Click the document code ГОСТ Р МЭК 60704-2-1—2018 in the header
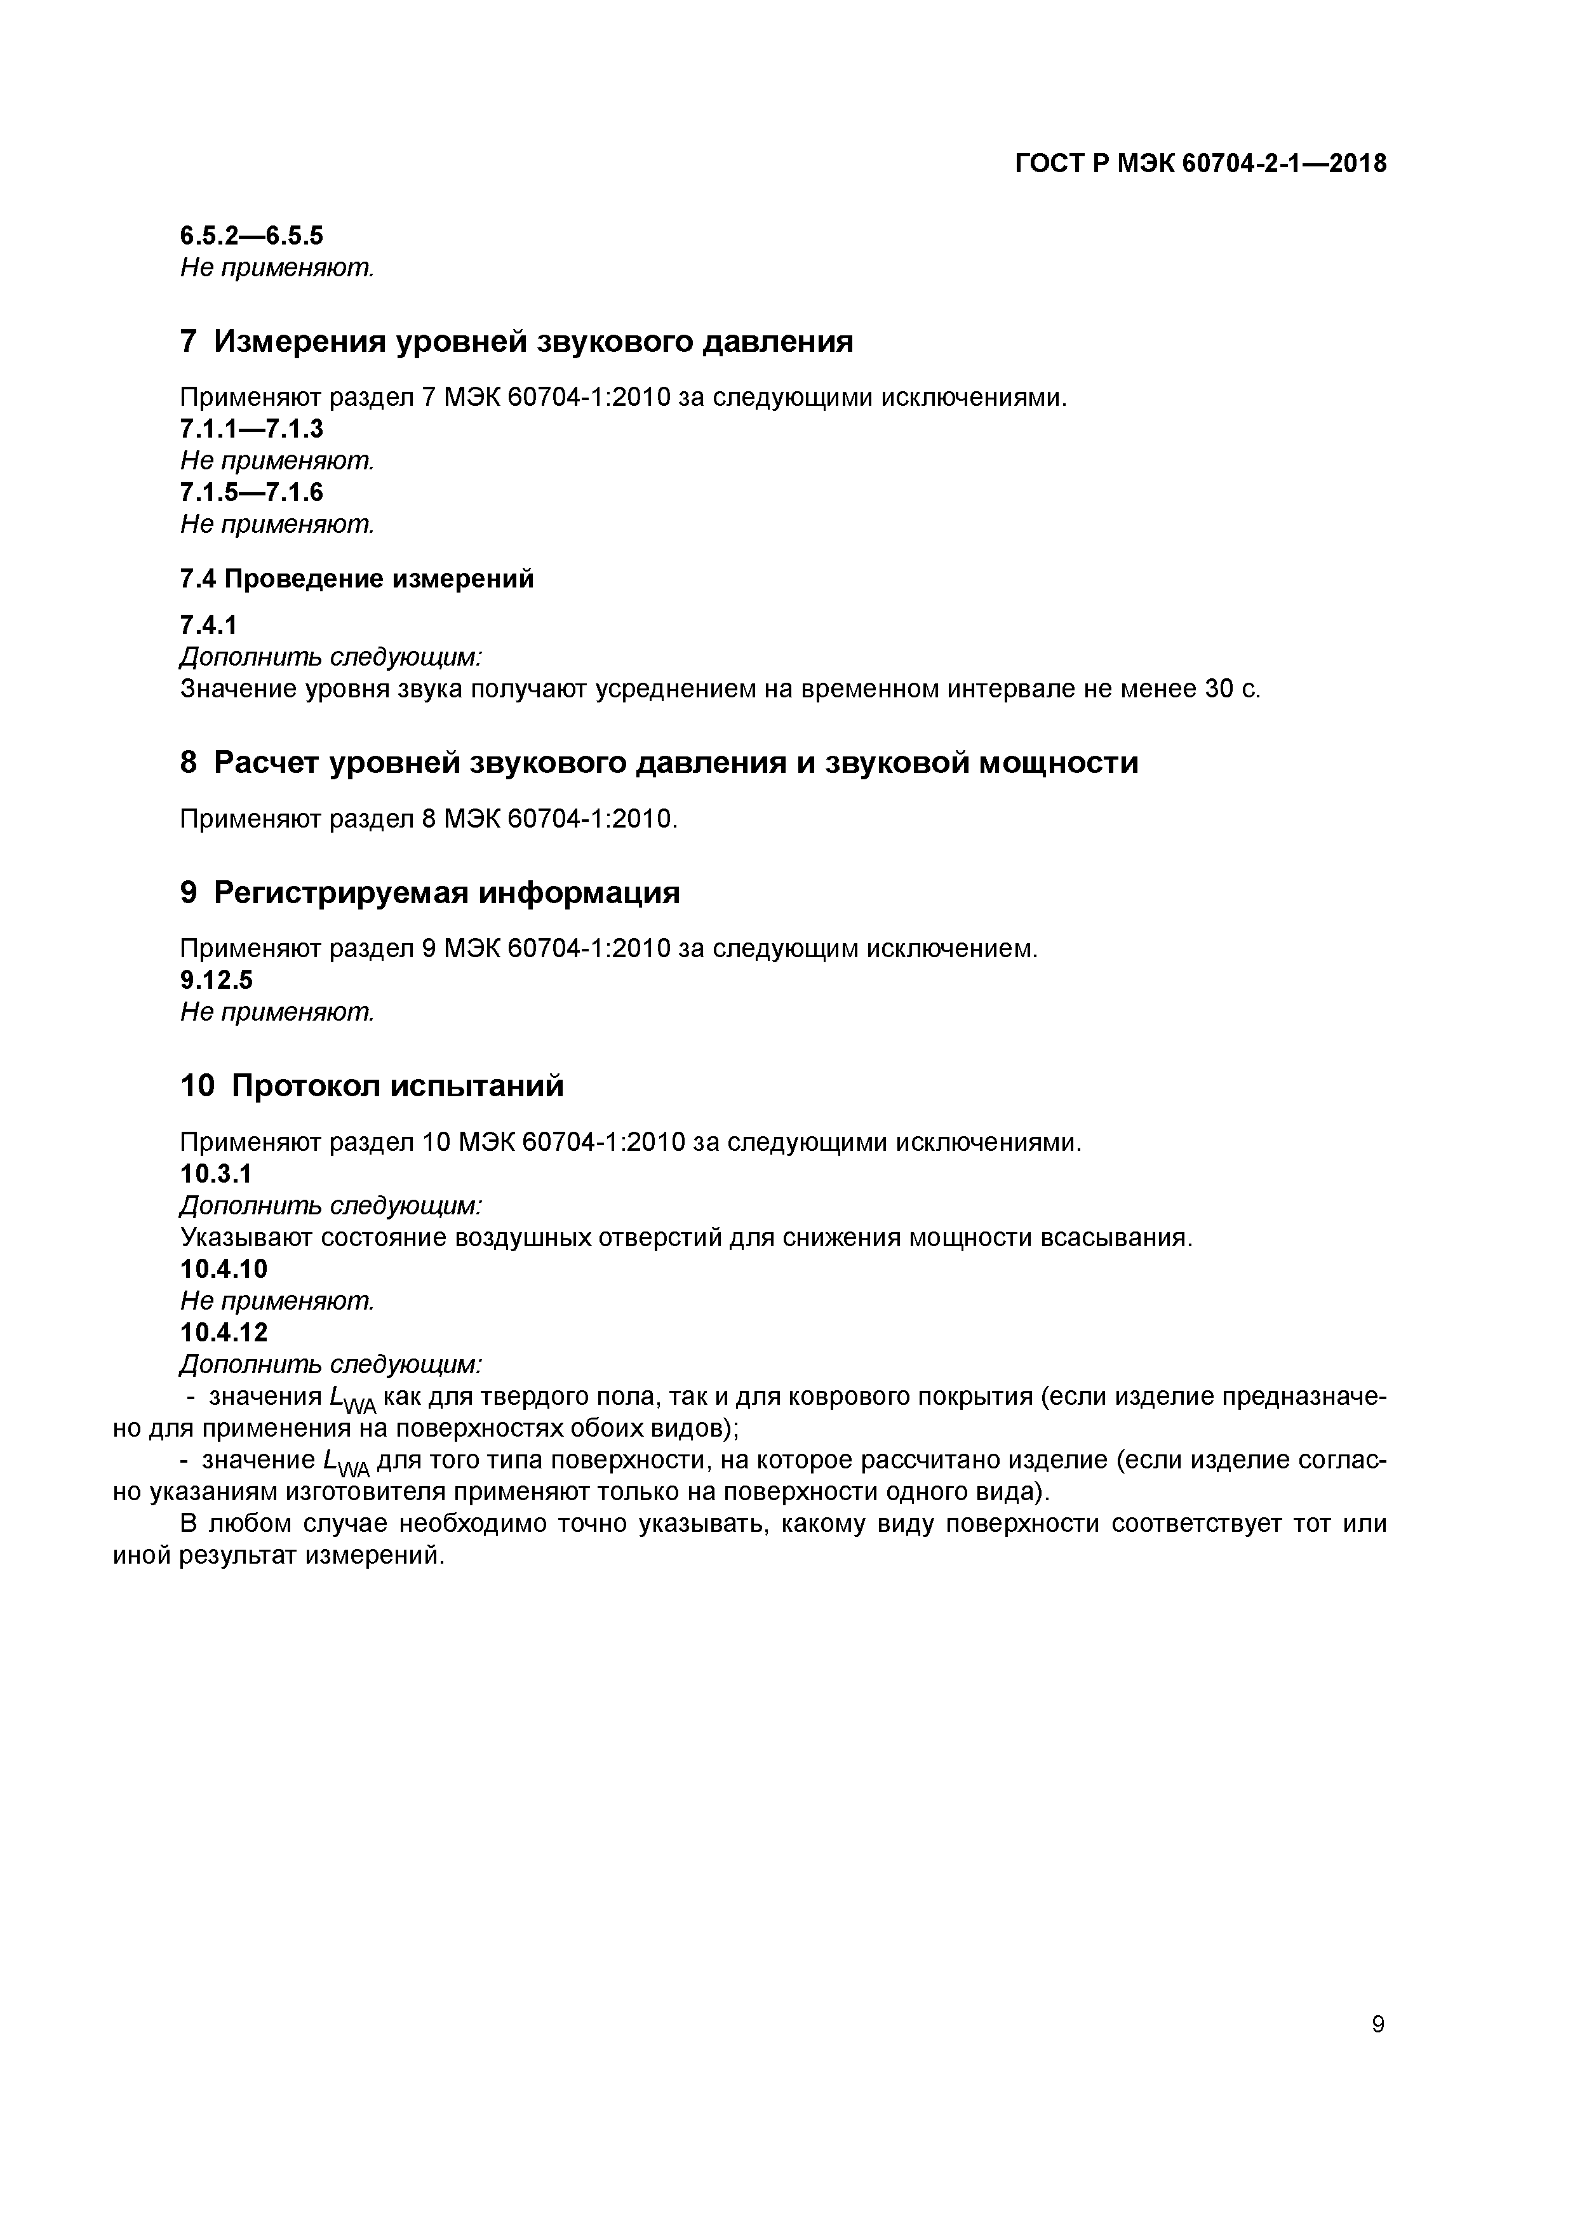[1200, 164]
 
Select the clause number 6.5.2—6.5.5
[251, 236]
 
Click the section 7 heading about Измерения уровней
[516, 342]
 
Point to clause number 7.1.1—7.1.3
[251, 429]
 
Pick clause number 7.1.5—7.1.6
[251, 493]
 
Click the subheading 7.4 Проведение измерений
[357, 579]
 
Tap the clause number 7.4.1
[209, 626]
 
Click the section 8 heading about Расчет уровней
[659, 763]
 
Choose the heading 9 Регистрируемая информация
[430, 893]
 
